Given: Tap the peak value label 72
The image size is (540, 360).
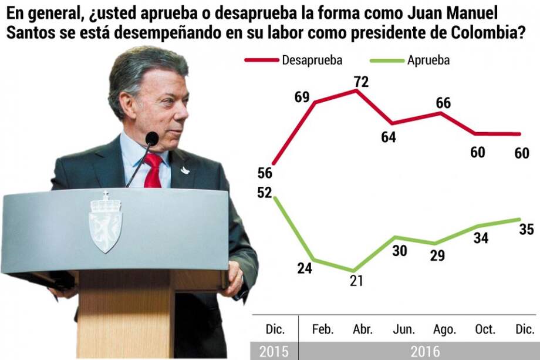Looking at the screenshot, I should tap(361, 82).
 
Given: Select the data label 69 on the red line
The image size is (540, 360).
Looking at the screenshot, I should tap(302, 97).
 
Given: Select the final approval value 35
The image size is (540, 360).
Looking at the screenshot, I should tap(526, 229).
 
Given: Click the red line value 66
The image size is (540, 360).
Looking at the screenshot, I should tap(443, 102).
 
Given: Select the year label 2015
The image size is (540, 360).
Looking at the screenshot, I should tap(274, 351).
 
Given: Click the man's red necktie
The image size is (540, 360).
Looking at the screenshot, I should tap(154, 171).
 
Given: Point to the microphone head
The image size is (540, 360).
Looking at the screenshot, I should tap(152, 139).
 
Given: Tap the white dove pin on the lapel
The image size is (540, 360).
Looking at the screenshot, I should tap(185, 170).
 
